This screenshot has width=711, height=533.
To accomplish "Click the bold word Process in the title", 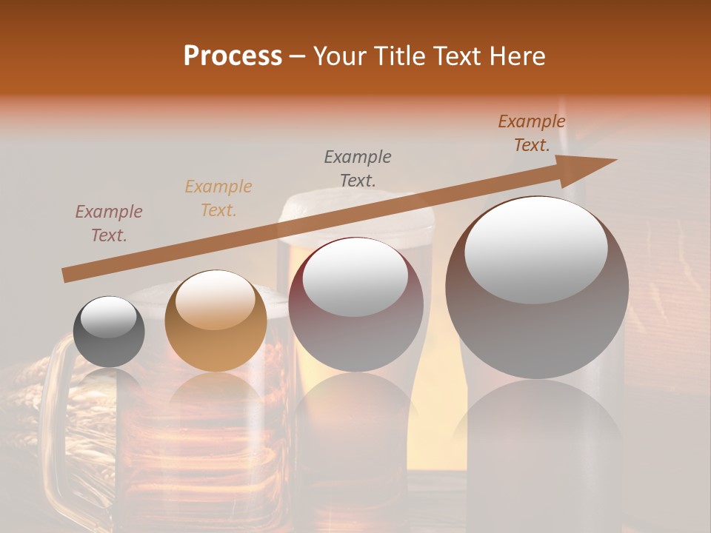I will (x=233, y=56).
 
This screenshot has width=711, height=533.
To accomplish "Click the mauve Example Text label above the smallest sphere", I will (x=109, y=224).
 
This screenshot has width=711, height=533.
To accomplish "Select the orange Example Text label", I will (x=218, y=198).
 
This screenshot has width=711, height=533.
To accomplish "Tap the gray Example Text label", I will (x=358, y=168).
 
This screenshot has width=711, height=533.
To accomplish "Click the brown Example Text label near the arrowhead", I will (x=532, y=133).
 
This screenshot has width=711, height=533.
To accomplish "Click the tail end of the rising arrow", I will (x=67, y=275).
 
